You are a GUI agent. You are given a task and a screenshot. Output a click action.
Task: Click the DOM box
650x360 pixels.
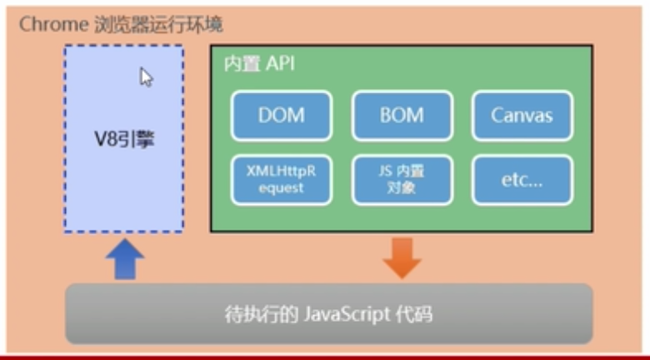281,115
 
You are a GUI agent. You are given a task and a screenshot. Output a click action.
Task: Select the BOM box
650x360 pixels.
402,115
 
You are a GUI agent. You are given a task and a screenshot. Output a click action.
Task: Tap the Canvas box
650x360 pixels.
522,115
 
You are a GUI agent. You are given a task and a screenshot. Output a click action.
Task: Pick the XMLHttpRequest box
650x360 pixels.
281,179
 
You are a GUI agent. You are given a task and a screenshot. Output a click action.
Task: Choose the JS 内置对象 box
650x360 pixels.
402,179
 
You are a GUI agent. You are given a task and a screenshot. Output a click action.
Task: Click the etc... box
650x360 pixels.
522,179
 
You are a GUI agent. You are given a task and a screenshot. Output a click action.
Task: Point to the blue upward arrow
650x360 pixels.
125,259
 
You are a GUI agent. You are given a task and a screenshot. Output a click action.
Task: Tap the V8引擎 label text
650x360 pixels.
124,139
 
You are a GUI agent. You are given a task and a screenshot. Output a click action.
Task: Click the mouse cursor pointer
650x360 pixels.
146,77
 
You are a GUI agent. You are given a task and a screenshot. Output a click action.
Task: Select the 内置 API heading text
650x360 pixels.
258,64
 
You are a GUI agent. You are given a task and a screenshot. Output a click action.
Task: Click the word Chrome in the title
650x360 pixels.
52,23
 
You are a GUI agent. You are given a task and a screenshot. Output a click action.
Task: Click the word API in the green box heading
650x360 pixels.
280,64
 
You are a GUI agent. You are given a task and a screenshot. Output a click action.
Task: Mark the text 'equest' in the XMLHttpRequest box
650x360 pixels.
281,187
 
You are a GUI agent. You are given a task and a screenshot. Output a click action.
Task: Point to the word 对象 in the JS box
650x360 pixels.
402,187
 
